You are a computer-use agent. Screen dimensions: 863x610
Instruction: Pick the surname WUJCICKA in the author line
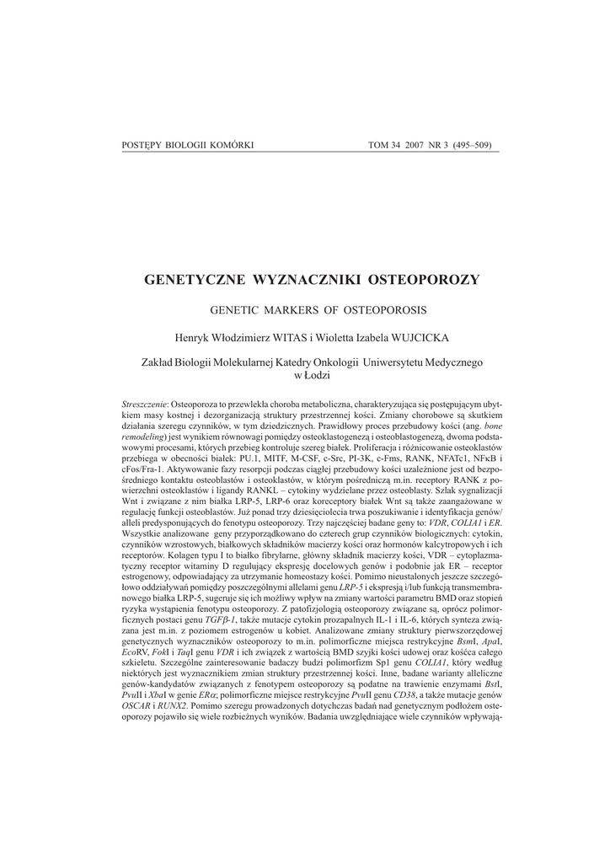pyautogui.click(x=421, y=338)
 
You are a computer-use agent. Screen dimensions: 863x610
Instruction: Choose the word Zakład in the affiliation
pyautogui.click(x=156, y=362)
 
